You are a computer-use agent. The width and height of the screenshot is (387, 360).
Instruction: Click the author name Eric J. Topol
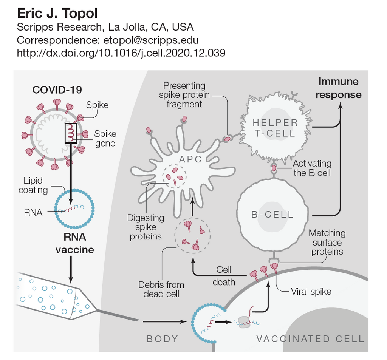coord(57,14)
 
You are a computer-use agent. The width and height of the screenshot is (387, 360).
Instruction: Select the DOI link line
coord(121,53)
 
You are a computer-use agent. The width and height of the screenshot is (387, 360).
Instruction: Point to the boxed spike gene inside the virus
coord(71,133)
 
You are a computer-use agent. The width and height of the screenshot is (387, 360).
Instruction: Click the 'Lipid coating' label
coord(33,185)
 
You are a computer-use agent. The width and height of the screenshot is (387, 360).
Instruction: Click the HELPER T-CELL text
coord(275,128)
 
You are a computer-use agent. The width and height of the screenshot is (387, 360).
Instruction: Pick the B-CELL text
coord(272,215)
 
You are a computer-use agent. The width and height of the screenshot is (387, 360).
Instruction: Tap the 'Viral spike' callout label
coord(311,291)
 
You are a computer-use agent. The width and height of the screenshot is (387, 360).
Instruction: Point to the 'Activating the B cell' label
coord(312,168)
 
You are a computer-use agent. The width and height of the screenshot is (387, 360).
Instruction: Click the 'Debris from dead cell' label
coord(161,289)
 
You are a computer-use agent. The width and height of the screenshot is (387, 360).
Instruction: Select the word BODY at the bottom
coord(162,339)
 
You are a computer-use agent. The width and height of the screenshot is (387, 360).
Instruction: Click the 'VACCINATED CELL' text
coord(310,339)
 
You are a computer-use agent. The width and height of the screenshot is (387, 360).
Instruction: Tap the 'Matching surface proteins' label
coord(327,242)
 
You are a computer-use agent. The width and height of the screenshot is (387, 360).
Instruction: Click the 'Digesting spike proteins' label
coord(146,227)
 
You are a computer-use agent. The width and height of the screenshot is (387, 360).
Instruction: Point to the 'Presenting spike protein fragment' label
coord(184,94)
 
